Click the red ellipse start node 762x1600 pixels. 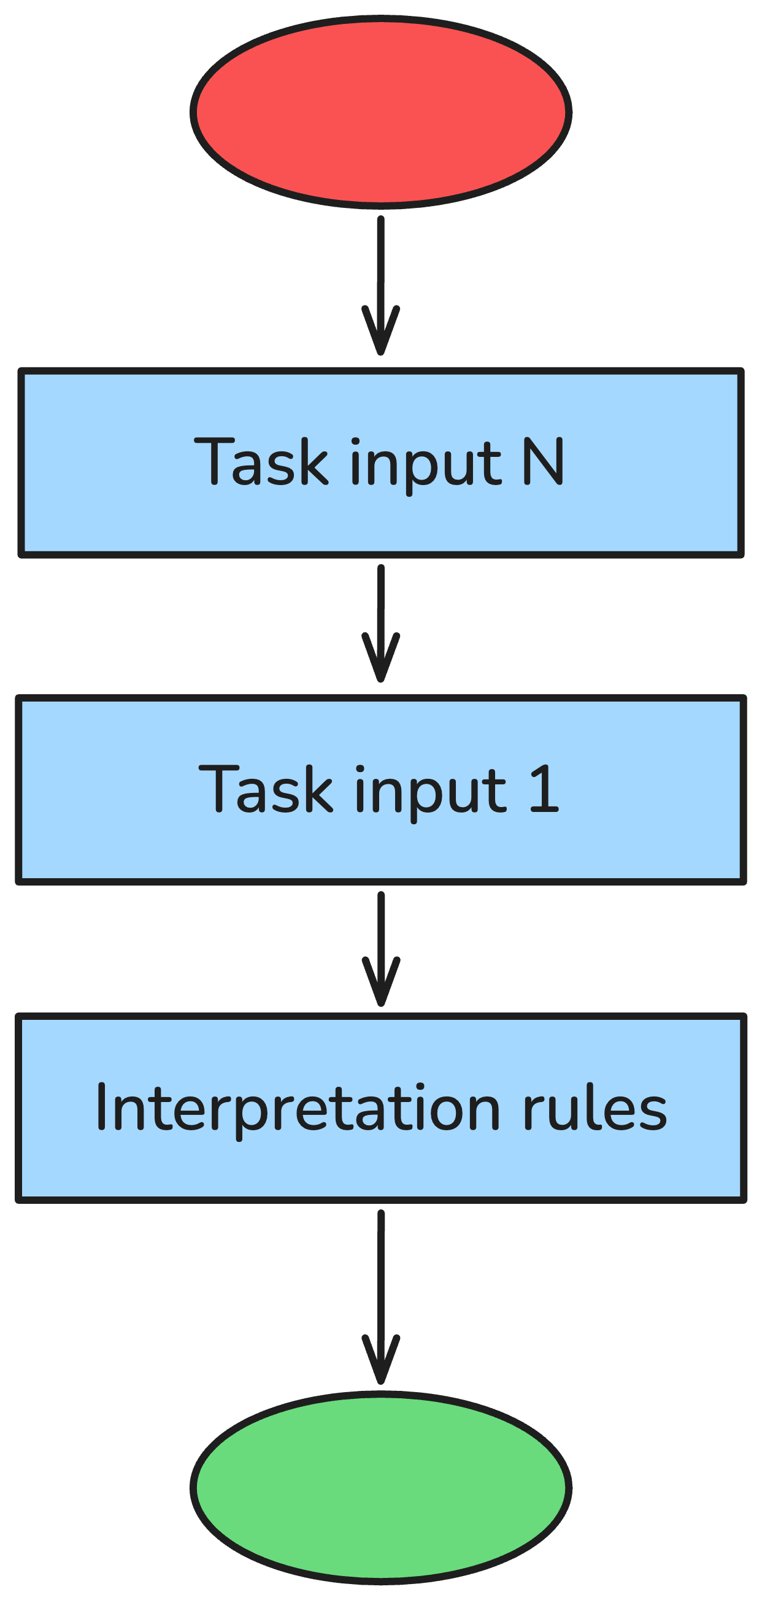coord(380,112)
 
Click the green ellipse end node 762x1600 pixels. coord(380,1488)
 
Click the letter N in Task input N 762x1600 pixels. coord(542,461)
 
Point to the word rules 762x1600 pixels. coord(594,1109)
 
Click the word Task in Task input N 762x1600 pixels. coord(261,461)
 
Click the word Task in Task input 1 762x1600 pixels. coord(266,789)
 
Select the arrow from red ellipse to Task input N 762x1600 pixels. coord(380,267)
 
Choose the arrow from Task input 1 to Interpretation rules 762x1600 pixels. coord(380,932)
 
